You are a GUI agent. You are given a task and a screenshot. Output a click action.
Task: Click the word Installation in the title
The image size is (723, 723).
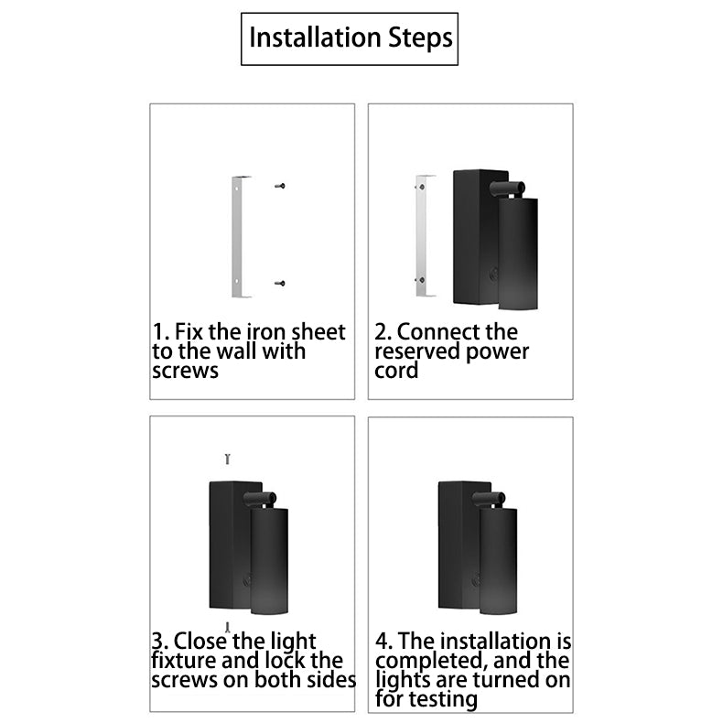tap(315, 38)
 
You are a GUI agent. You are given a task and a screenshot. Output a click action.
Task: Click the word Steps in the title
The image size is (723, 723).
tap(420, 38)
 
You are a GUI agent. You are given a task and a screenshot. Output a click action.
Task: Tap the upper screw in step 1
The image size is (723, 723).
tap(280, 186)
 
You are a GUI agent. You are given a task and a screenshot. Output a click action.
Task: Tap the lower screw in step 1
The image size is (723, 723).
tap(280, 283)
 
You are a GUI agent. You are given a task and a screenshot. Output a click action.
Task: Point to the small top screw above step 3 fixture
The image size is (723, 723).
tap(227, 459)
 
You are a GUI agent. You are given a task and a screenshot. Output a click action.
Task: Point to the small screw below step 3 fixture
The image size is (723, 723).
tap(227, 627)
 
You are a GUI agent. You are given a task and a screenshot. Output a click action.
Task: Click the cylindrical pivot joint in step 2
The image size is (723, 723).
tap(507, 188)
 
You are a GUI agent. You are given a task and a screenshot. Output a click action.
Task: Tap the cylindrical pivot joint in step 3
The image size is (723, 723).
tap(260, 498)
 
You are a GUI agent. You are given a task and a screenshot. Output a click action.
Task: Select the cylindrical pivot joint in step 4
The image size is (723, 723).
tap(489, 498)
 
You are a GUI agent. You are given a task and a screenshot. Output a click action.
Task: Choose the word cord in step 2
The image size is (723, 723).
tap(396, 371)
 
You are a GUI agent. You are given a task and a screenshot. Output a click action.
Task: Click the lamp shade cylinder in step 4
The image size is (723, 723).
tap(498, 561)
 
